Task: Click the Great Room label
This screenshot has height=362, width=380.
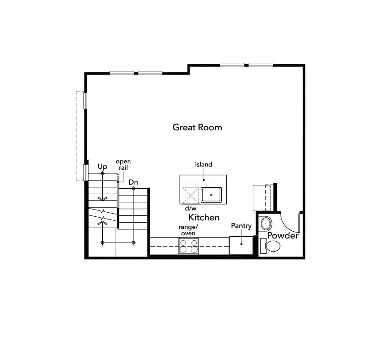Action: [x=197, y=127]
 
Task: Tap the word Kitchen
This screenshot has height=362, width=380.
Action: [x=204, y=217]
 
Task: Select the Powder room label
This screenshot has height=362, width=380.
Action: [x=283, y=236]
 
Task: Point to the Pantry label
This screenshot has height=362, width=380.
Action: [x=241, y=226]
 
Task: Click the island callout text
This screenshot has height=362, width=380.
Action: [x=204, y=165]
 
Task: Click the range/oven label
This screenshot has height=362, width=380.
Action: [x=188, y=230]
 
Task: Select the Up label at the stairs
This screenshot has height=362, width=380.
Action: [x=102, y=167]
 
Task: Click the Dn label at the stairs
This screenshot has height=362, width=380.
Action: [x=133, y=182]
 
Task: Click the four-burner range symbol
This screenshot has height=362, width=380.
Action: [x=188, y=246]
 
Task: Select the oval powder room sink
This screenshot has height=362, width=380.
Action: [x=266, y=224]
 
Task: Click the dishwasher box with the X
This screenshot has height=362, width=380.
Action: [x=190, y=195]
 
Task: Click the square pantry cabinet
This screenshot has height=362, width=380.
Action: [x=241, y=245]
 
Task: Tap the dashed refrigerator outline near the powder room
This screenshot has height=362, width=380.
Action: [x=261, y=197]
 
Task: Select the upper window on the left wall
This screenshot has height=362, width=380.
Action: [x=85, y=100]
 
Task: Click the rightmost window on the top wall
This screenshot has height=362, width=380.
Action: [x=261, y=65]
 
